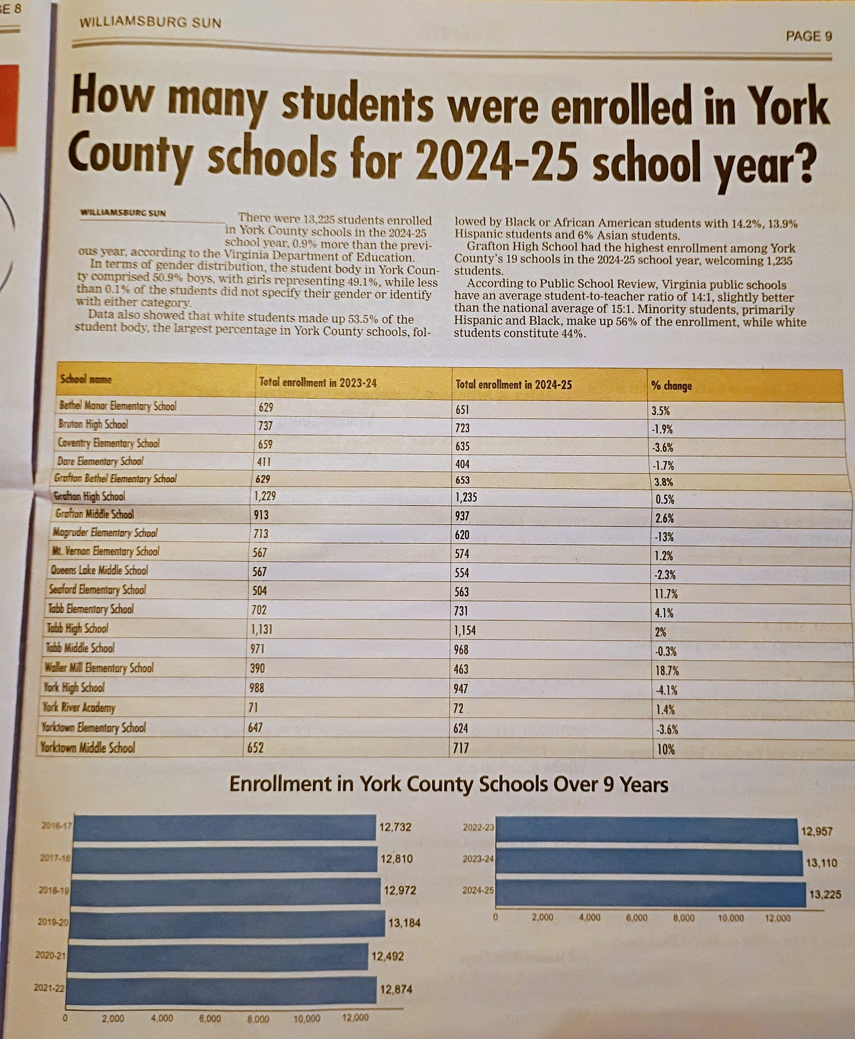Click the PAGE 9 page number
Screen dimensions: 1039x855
point(808,36)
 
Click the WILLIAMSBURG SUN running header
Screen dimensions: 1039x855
point(150,23)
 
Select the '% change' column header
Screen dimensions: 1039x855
point(671,386)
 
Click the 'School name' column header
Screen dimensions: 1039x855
point(86,379)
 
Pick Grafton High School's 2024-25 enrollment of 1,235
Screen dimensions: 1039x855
point(466,497)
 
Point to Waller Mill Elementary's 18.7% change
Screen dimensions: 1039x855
point(667,671)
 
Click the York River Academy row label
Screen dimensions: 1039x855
point(79,708)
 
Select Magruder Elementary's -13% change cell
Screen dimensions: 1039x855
point(664,537)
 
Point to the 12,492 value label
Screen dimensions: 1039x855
point(388,956)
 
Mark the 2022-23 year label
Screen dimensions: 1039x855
point(479,828)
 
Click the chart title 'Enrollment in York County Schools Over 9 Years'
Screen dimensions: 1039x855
point(449,785)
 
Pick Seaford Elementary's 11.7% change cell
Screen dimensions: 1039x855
point(666,594)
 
